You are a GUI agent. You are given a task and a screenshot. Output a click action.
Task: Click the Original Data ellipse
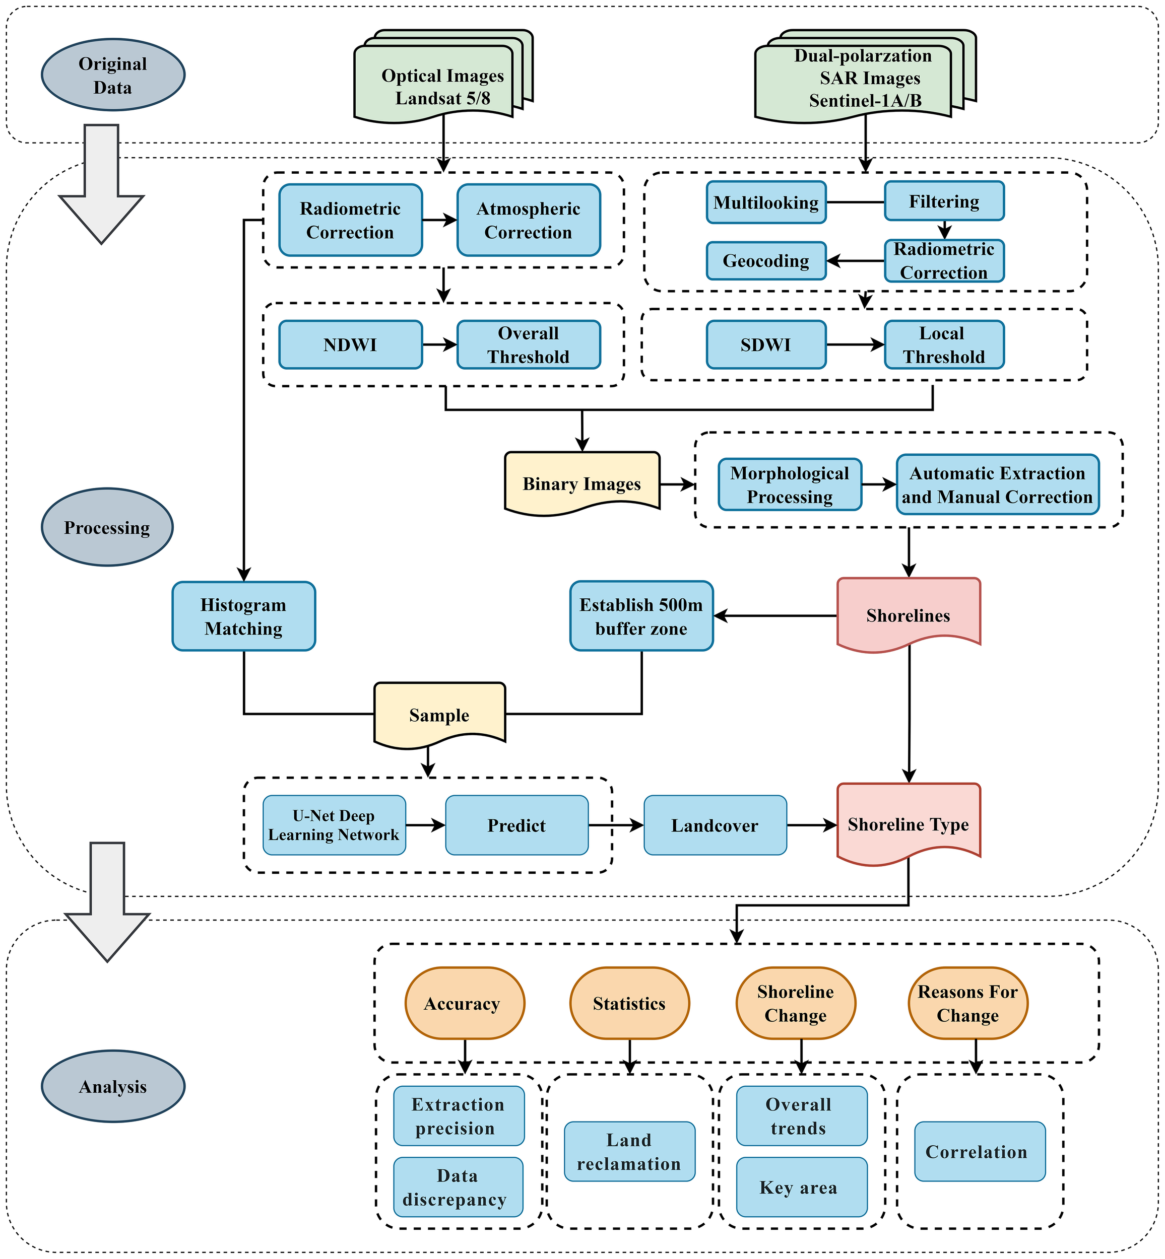tap(113, 75)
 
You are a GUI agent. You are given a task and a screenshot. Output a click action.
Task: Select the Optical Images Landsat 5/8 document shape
tap(435, 85)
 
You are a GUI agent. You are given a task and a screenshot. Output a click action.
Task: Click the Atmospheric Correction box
tap(528, 220)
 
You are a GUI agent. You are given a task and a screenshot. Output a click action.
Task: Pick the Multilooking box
tap(766, 202)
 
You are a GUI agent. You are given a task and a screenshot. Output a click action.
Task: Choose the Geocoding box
tap(766, 260)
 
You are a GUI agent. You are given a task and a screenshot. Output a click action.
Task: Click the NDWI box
tap(351, 344)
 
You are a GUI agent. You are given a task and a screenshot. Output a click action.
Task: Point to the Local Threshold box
tap(944, 344)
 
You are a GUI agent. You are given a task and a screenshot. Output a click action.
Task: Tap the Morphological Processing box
tap(789, 484)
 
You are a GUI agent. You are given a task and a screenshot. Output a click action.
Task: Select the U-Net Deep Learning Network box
tap(334, 825)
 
